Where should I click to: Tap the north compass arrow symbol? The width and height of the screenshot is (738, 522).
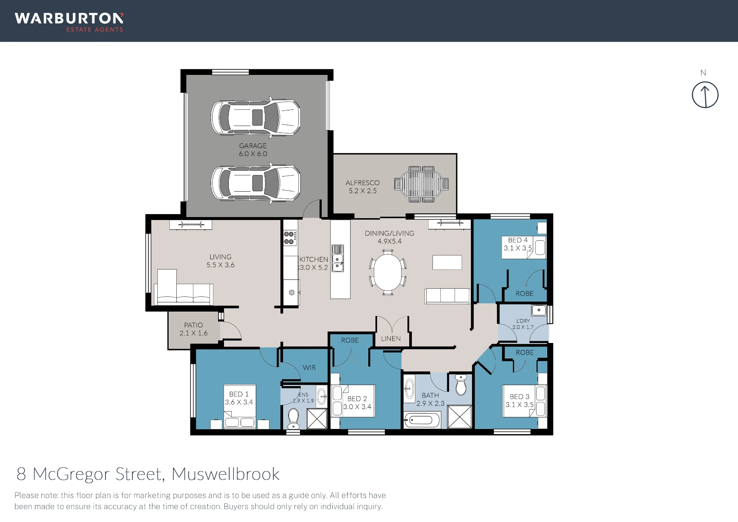tap(705, 95)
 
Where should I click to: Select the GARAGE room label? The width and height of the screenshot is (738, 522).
tap(253, 146)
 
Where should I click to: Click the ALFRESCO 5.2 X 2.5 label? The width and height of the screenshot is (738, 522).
tap(362, 187)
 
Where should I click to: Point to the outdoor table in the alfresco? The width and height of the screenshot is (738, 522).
tap(421, 184)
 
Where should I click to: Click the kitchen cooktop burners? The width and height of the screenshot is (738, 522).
tap(289, 238)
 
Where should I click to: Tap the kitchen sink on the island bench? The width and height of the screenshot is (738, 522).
tap(338, 258)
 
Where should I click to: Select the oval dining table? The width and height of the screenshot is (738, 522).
tap(387, 272)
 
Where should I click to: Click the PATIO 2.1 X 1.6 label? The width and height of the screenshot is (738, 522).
tap(193, 329)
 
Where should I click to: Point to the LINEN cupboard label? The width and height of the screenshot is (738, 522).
tap(391, 339)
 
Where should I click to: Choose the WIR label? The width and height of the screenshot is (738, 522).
tap(309, 368)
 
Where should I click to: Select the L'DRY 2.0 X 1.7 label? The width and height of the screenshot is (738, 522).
tap(523, 324)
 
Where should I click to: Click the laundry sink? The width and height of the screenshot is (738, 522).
tap(539, 310)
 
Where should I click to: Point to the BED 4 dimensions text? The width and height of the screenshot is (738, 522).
tap(518, 248)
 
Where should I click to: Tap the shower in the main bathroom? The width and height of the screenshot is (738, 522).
tap(459, 417)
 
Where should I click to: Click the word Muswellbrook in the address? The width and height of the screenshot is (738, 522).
tap(225, 474)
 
